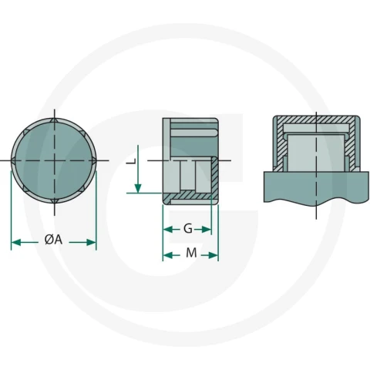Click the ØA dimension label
(x=53, y=240)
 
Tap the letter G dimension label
(x=188, y=228)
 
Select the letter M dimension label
(x=191, y=253)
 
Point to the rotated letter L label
(x=132, y=161)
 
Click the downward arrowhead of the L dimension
(x=138, y=188)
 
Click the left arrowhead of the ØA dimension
(x=16, y=242)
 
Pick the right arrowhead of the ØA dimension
(x=91, y=242)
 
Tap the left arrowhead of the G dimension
(x=168, y=229)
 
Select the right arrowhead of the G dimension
(x=207, y=229)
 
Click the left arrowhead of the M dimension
(x=168, y=255)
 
